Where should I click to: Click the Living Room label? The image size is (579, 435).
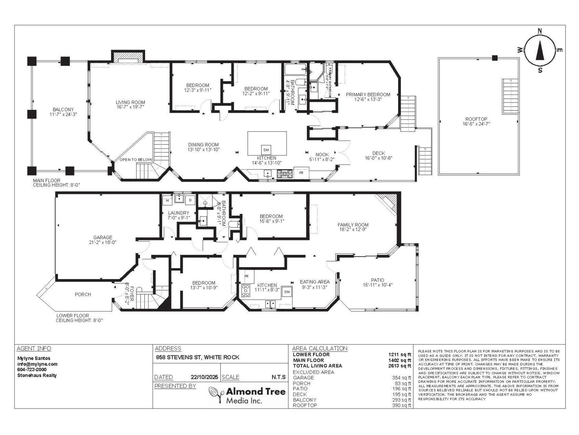tap(130, 102)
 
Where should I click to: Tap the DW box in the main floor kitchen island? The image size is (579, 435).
tap(266, 150)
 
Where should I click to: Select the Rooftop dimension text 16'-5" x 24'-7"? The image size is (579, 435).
tap(476, 124)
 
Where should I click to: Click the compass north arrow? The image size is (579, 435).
tap(540, 51)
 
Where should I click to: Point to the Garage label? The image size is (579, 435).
tap(103, 237)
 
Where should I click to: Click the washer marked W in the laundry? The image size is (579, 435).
tap(167, 200)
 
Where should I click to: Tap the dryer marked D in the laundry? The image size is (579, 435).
tap(190, 200)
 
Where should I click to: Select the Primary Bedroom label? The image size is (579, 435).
tap(368, 95)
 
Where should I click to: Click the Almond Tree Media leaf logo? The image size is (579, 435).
tap(216, 394)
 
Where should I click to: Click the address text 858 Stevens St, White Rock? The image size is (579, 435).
tap(198, 357)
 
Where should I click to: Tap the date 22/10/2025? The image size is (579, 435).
tap(204, 377)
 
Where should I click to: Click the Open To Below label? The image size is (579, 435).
tap(136, 160)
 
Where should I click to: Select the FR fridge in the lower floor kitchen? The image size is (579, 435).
tap(246, 276)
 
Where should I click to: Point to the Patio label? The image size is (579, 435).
tap(377, 280)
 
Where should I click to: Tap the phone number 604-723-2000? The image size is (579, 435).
tap(32, 369)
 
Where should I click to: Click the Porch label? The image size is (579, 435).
tap(83, 294)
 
